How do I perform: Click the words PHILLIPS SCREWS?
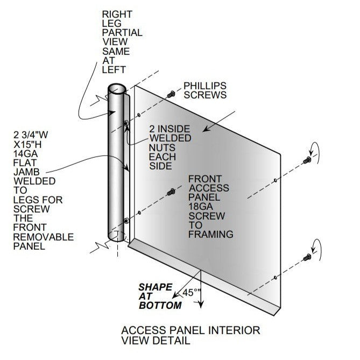[x=205, y=90]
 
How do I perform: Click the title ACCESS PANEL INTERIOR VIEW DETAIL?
[x=190, y=335]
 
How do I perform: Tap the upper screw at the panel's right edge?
[x=308, y=160]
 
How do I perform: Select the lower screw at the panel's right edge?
[x=308, y=257]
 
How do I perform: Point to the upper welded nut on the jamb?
[x=126, y=124]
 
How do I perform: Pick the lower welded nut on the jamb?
[x=126, y=220]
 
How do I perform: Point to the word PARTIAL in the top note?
[x=122, y=32]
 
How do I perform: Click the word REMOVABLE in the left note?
[x=43, y=237]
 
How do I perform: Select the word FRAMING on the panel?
[x=210, y=234]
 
